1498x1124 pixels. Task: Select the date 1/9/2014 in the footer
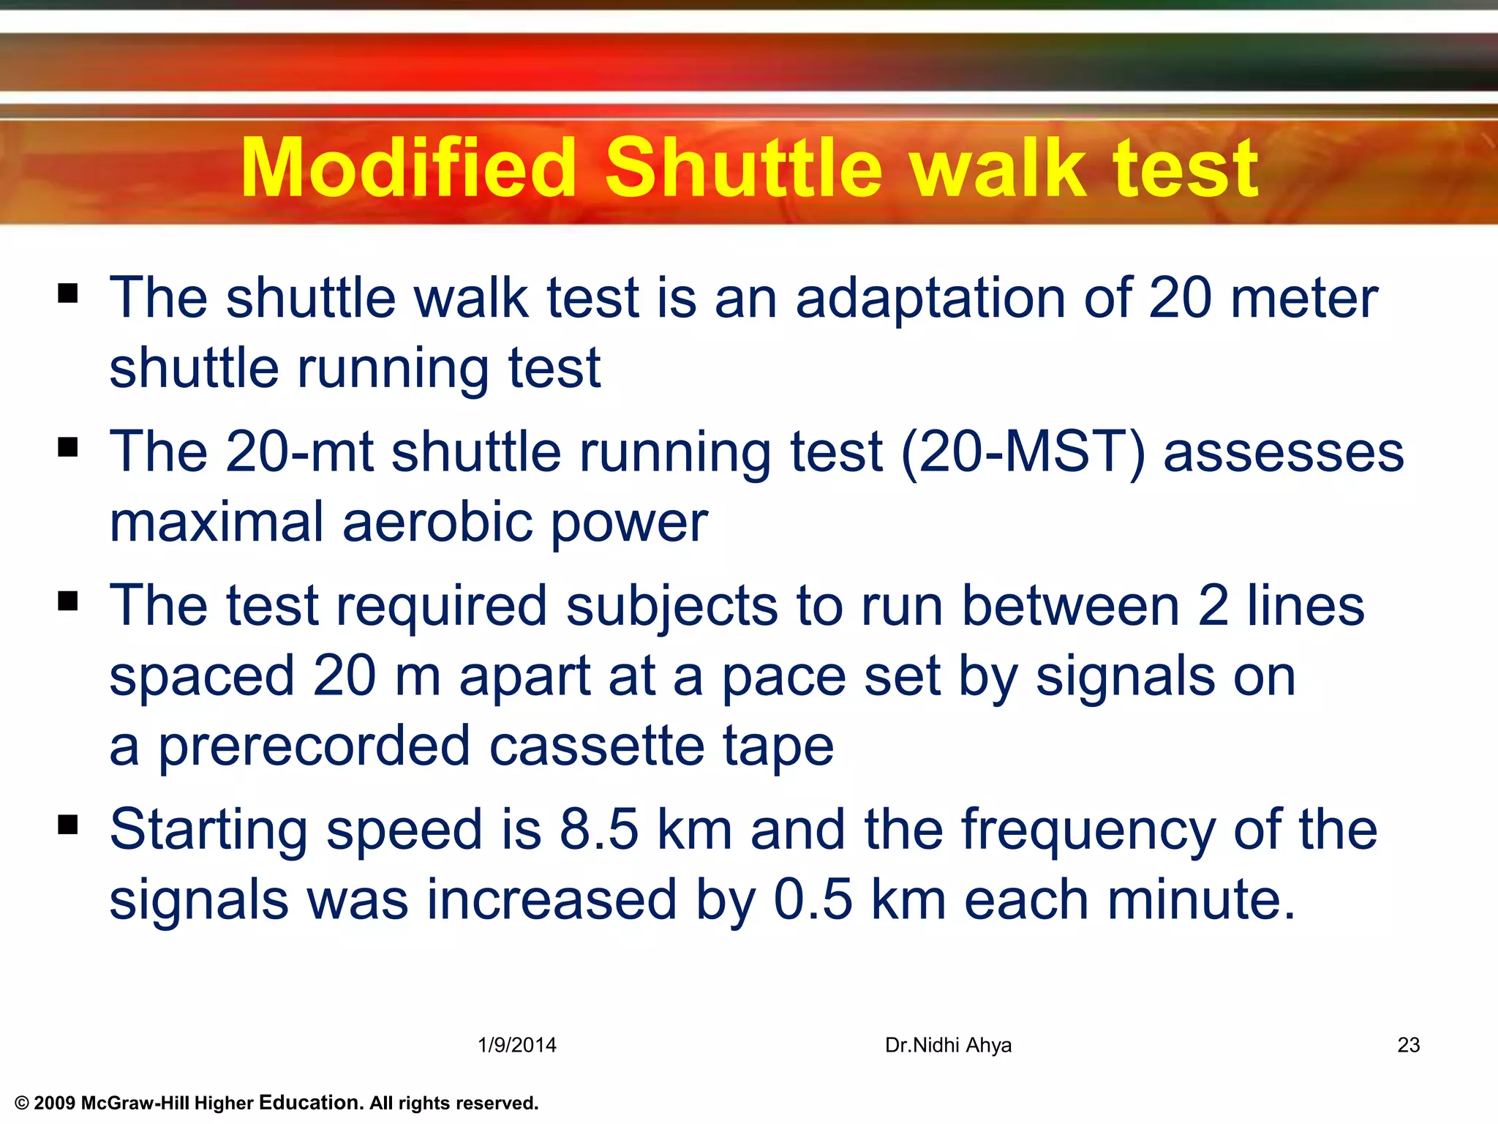point(517,1045)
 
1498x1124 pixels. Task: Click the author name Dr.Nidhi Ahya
point(948,1045)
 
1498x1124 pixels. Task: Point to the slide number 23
point(1408,1045)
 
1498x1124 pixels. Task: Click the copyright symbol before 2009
point(21,1104)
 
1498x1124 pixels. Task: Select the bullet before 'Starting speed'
point(68,825)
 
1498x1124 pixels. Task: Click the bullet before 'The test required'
point(68,602)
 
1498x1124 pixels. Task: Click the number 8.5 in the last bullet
point(599,830)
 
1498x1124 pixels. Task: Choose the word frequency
point(1088,831)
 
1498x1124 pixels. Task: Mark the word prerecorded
point(315,746)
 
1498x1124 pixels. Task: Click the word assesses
point(1283,452)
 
